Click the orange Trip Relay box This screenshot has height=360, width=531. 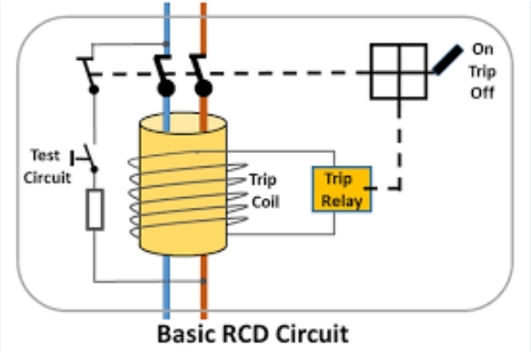(x=342, y=189)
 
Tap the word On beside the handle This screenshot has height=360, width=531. (x=483, y=49)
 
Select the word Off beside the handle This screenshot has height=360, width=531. (x=483, y=92)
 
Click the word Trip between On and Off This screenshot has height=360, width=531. (x=483, y=71)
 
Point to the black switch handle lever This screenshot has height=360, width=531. (x=447, y=60)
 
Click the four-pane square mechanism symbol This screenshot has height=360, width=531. (x=399, y=71)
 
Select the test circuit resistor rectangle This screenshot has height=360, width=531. (x=95, y=209)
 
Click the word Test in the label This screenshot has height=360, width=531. (x=45, y=155)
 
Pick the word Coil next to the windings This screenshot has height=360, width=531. (x=266, y=202)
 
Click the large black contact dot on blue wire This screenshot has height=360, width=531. (x=166, y=88)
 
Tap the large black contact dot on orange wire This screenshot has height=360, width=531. (x=203, y=88)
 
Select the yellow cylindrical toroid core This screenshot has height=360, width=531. (x=183, y=184)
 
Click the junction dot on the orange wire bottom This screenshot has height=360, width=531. (x=203, y=281)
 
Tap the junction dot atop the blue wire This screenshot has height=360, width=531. (x=166, y=44)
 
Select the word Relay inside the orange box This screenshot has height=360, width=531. (x=342, y=201)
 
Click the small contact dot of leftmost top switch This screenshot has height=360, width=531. (x=94, y=90)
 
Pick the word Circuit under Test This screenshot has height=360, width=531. (x=47, y=178)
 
